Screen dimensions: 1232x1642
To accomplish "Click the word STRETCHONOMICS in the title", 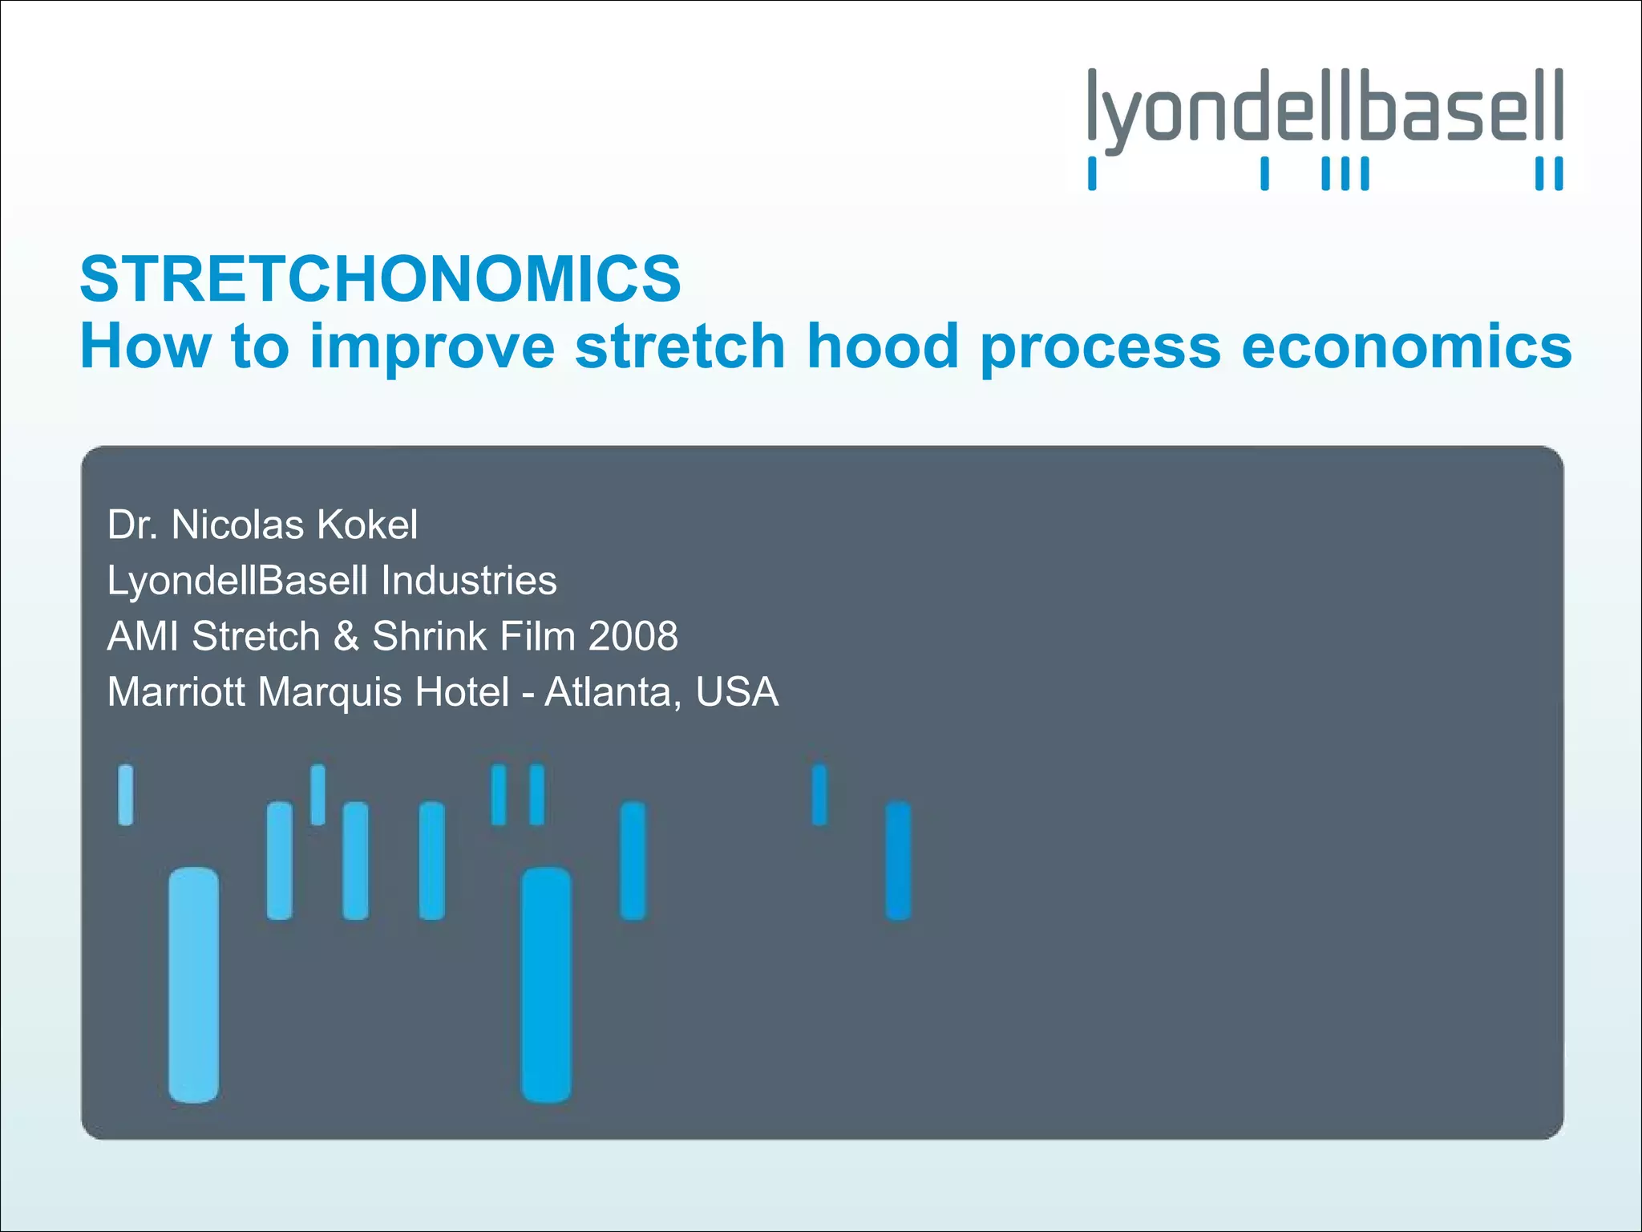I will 380,278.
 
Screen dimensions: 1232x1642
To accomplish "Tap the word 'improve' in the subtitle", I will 432,346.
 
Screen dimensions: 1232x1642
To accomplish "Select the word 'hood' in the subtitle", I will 882,346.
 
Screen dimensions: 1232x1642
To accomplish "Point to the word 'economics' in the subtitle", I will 1406,346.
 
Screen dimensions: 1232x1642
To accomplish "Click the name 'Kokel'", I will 366,525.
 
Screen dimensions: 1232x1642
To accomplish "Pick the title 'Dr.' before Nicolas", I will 132,525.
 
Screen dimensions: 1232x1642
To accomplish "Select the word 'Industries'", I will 468,581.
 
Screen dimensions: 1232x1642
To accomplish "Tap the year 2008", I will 633,637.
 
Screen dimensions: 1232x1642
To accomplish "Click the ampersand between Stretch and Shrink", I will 346,637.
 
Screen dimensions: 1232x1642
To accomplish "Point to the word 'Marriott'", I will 176,692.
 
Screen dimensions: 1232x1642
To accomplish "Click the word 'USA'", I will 737,692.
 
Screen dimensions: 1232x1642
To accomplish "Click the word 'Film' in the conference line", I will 537,637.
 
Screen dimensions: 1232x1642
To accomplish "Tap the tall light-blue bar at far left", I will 193,985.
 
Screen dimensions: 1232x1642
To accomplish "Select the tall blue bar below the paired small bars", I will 546,985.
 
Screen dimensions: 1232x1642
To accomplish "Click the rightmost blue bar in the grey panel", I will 898,860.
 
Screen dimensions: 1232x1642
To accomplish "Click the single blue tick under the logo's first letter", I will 1092,173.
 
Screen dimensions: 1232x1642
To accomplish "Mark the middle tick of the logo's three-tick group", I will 1345,173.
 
